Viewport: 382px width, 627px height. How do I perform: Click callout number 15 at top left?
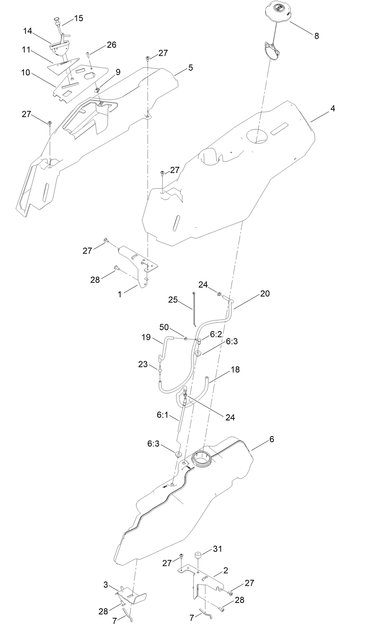pos(78,18)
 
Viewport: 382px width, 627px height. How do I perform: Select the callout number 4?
pos(332,108)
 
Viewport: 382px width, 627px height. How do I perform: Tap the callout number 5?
pos(190,68)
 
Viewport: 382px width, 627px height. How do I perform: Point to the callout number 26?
pos(111,45)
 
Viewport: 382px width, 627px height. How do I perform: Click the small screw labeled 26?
pos(88,54)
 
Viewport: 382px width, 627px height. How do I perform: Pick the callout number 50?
pos(164,327)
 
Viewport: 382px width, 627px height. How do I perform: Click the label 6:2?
pos(216,334)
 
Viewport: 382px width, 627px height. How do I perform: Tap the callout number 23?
pos(143,364)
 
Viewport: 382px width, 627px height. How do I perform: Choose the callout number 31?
pos(217,549)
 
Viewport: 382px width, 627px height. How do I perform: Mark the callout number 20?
pos(265,293)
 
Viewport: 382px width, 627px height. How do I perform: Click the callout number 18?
pos(235,370)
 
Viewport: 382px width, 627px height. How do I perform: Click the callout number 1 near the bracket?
pos(120,295)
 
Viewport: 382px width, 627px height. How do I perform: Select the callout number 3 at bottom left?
pos(105,585)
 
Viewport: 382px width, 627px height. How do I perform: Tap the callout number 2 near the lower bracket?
pos(225,571)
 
